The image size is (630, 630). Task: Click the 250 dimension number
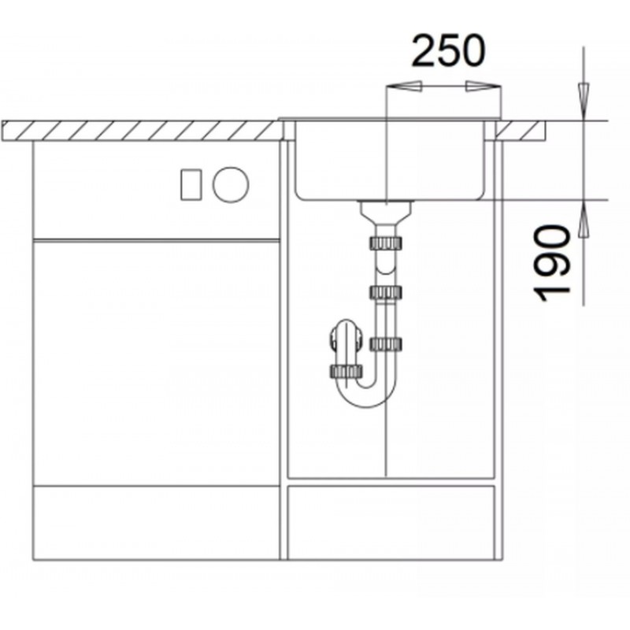[x=449, y=51]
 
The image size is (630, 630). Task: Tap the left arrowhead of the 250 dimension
[x=403, y=86]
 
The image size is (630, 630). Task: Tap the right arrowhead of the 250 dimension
[x=484, y=86]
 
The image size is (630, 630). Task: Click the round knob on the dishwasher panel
[x=231, y=184]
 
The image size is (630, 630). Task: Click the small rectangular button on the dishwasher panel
[x=191, y=184]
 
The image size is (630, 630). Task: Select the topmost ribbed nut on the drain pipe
[x=386, y=243]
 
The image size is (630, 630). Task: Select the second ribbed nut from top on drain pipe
[x=386, y=292]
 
